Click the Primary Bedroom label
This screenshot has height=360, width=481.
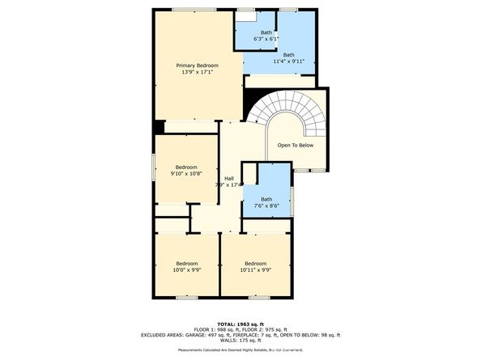[198, 65]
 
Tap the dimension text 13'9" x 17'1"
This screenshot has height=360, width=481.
[198, 72]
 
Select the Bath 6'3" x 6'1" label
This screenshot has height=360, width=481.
[266, 35]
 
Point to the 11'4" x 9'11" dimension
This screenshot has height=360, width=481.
[289, 61]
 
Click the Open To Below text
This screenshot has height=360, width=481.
[295, 146]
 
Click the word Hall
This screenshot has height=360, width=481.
[229, 177]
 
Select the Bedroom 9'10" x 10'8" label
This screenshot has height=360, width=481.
[186, 170]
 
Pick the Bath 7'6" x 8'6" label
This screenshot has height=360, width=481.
[267, 202]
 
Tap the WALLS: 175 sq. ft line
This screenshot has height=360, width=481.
[240, 341]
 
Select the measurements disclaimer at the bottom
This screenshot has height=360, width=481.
[240, 349]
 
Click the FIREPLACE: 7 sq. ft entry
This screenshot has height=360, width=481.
[259, 335]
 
